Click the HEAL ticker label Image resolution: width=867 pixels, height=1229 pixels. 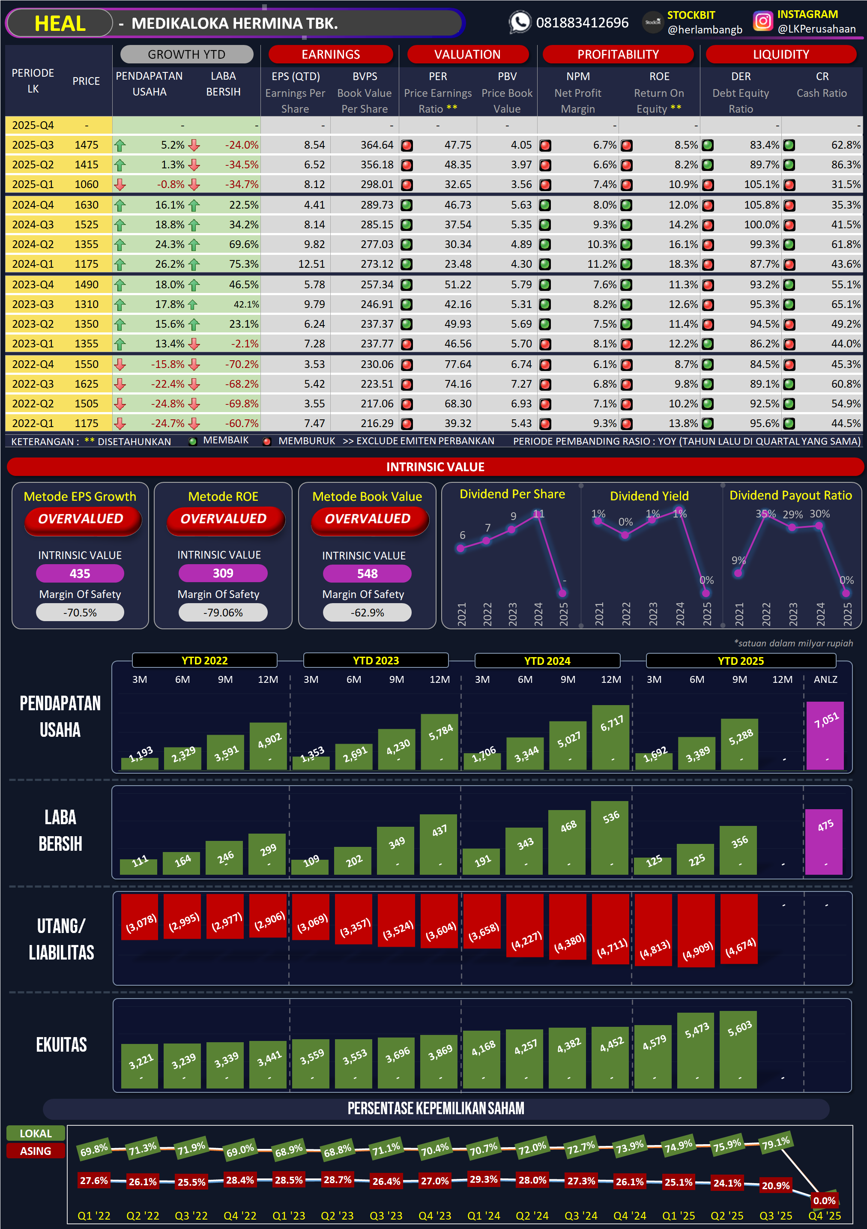click(60, 24)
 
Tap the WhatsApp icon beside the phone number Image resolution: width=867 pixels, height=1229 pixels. click(519, 22)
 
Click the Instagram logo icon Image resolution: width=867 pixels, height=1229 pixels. click(762, 21)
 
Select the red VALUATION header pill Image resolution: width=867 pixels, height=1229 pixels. click(467, 54)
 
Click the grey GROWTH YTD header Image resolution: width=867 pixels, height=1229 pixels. click(186, 54)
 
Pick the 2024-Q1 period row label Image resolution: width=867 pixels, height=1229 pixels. click(33, 264)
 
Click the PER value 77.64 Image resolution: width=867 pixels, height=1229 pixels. click(457, 364)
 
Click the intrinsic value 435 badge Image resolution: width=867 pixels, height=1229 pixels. click(80, 573)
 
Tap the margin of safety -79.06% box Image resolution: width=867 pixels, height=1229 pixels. click(223, 613)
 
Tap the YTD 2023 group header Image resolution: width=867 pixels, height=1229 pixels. click(376, 661)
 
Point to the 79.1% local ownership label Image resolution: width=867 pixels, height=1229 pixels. click(775, 1143)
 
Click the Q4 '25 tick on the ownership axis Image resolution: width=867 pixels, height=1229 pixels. click(824, 1216)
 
